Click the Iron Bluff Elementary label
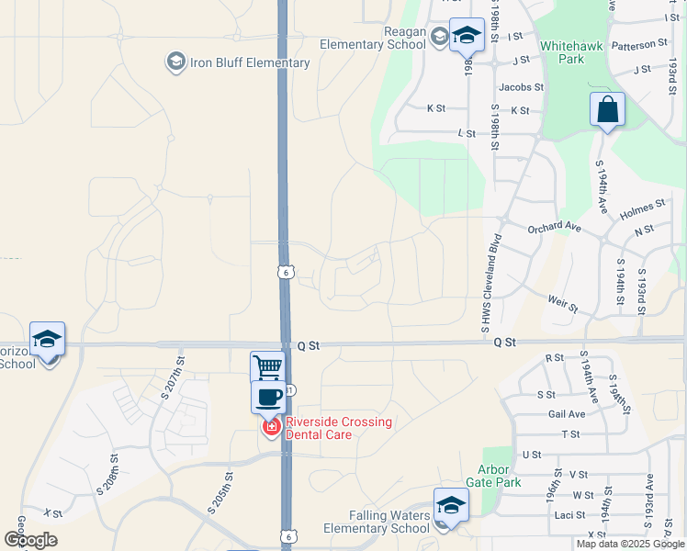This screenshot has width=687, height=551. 249,62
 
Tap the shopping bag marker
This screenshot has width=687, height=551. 607,110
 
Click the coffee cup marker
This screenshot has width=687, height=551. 268,398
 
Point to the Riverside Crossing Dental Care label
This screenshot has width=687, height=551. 339,428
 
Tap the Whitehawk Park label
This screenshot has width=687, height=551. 562,51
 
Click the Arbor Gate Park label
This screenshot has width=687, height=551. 493,475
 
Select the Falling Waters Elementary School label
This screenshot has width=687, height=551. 376,522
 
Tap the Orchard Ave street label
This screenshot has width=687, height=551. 556,227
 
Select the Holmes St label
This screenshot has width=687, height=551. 643,208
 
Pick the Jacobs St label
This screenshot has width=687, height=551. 521,87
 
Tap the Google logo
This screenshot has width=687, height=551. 30,539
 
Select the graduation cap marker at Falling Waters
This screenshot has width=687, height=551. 450,505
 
